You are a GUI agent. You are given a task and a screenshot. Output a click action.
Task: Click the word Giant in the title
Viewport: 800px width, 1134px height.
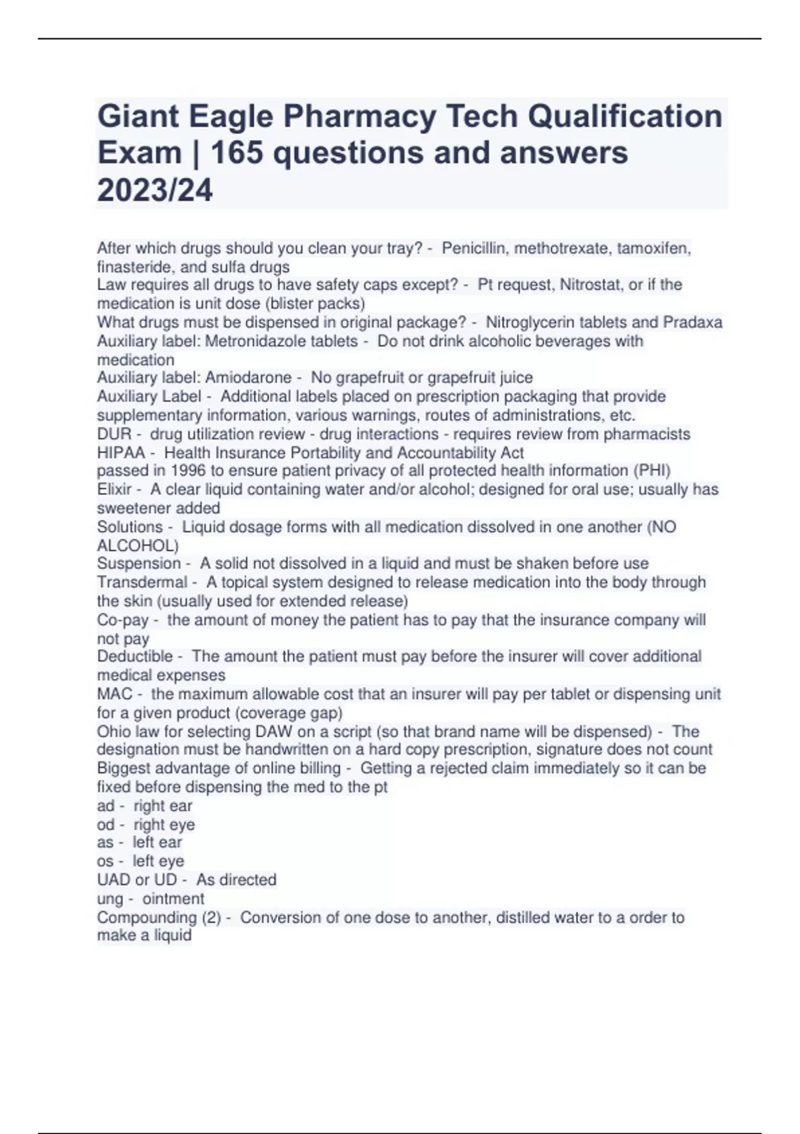[137, 116]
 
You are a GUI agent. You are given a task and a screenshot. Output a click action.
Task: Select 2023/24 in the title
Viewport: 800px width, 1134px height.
[155, 190]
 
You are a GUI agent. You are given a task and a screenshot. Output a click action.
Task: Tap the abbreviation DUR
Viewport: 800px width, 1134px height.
[114, 434]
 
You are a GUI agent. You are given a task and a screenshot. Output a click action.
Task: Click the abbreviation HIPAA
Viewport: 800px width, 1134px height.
[121, 452]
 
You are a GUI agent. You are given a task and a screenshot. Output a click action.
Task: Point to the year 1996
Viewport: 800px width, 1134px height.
[169, 470]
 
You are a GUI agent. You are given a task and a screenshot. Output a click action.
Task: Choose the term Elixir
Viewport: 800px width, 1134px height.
[114, 489]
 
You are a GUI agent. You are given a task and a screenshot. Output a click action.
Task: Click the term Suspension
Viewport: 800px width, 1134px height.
[139, 563]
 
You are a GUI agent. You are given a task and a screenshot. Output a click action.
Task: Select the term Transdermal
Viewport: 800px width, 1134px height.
[142, 582]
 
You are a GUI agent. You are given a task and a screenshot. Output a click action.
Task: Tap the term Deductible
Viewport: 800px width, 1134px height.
[135, 656]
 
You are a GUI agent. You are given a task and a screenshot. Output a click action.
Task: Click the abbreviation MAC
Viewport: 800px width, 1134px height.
[115, 694]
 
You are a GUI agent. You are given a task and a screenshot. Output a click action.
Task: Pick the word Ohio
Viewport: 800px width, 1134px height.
[113, 731]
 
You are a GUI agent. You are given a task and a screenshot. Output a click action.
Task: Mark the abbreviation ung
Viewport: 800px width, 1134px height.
[110, 899]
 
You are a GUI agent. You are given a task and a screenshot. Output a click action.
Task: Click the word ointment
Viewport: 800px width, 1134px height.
[173, 899]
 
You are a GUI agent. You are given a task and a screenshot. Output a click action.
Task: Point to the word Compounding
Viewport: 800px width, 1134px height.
[147, 918]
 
